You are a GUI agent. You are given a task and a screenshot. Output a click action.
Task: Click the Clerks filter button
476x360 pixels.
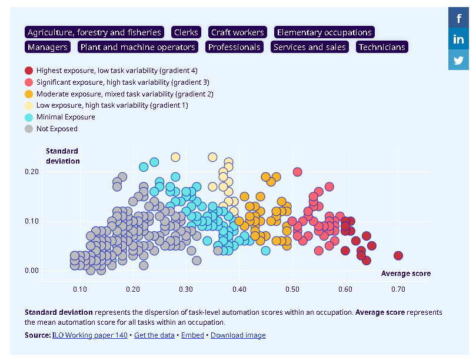point(186,32)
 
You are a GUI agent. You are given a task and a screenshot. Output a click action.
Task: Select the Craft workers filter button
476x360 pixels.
point(238,32)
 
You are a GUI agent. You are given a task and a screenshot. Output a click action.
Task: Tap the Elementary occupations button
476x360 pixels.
point(324,32)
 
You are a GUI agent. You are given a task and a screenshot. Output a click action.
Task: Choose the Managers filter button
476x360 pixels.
point(48,47)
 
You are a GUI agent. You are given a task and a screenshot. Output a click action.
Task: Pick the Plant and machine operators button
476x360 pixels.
point(138,47)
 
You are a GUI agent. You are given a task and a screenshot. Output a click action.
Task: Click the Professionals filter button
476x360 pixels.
point(234,47)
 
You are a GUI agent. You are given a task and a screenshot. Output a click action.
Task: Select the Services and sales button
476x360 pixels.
point(310,47)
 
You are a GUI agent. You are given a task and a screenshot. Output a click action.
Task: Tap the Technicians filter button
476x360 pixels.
point(382,47)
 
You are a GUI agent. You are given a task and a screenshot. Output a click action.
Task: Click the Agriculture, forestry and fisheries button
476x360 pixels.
point(94,32)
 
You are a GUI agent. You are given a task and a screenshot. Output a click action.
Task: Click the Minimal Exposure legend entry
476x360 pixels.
point(65,117)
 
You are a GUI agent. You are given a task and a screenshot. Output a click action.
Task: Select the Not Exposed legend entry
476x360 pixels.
point(56,129)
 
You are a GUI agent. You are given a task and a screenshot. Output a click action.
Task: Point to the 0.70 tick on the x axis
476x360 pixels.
point(398,289)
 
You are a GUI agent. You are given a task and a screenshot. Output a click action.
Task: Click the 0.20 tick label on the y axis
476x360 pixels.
point(31,172)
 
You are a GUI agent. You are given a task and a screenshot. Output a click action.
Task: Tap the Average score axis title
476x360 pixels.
point(405,274)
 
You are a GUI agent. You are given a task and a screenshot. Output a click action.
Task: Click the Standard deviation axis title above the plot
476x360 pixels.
point(62,156)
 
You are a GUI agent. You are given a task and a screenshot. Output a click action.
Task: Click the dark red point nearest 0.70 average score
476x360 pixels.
point(398,255)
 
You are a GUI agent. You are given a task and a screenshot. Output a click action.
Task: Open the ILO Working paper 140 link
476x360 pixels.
point(89,335)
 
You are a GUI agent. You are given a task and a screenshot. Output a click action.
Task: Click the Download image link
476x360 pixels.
point(238,335)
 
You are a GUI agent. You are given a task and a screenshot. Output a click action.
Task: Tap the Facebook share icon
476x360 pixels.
point(458,18)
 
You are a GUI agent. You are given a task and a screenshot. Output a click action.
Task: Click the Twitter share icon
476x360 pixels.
point(458,60)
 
